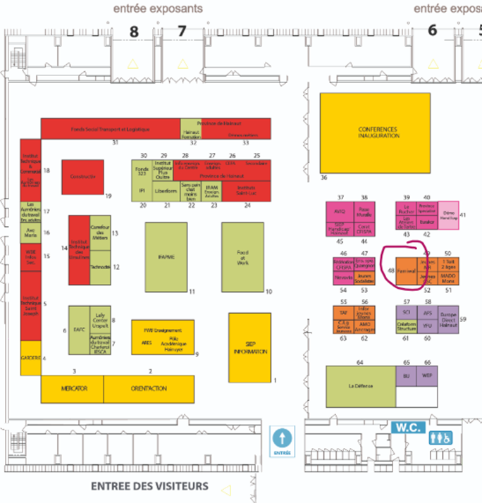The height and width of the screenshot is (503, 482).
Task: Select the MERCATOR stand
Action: point(73,387)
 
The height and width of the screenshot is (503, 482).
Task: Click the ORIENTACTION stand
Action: point(149,387)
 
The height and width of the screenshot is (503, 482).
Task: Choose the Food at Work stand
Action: point(242,256)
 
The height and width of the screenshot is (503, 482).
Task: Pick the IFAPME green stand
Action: point(166,256)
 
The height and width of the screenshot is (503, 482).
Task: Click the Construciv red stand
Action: point(82,177)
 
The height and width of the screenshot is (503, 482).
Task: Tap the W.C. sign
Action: point(407,427)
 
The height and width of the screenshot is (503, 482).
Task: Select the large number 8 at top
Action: point(134,31)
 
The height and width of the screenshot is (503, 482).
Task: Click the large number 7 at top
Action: point(182,31)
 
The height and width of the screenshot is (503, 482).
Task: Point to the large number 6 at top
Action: point(432,30)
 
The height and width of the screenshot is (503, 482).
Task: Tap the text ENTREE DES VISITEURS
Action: point(150,486)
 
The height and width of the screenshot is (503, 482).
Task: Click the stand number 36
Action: point(324,178)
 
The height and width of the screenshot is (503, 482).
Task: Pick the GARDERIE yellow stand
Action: point(30,358)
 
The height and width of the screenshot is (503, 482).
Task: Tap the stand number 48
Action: point(390,270)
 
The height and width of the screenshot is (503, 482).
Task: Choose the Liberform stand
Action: point(165,190)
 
